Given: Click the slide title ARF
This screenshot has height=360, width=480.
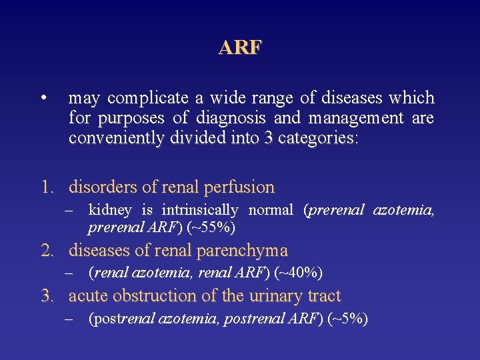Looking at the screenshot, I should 241,48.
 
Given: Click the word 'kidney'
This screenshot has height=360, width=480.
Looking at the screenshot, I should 110,210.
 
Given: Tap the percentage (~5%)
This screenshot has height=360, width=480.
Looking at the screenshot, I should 347,319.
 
